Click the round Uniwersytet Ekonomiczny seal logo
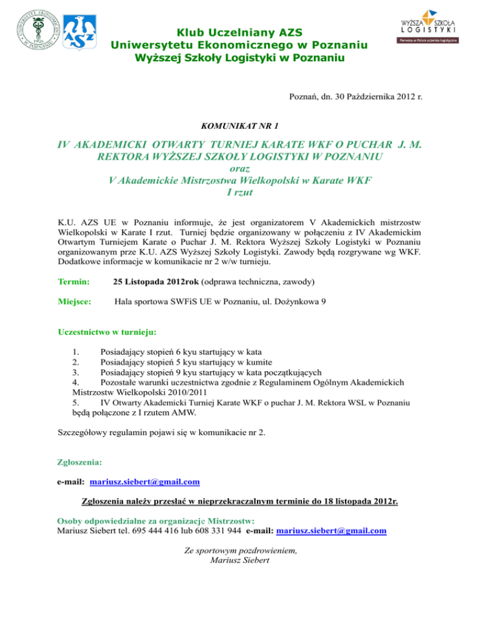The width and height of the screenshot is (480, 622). click(x=31, y=29)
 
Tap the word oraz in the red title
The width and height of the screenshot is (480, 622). click(x=240, y=169)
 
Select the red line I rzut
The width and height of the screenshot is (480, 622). click(x=240, y=193)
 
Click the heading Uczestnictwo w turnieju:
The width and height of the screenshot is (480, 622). click(x=107, y=330)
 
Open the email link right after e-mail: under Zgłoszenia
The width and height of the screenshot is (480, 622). click(x=145, y=482)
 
